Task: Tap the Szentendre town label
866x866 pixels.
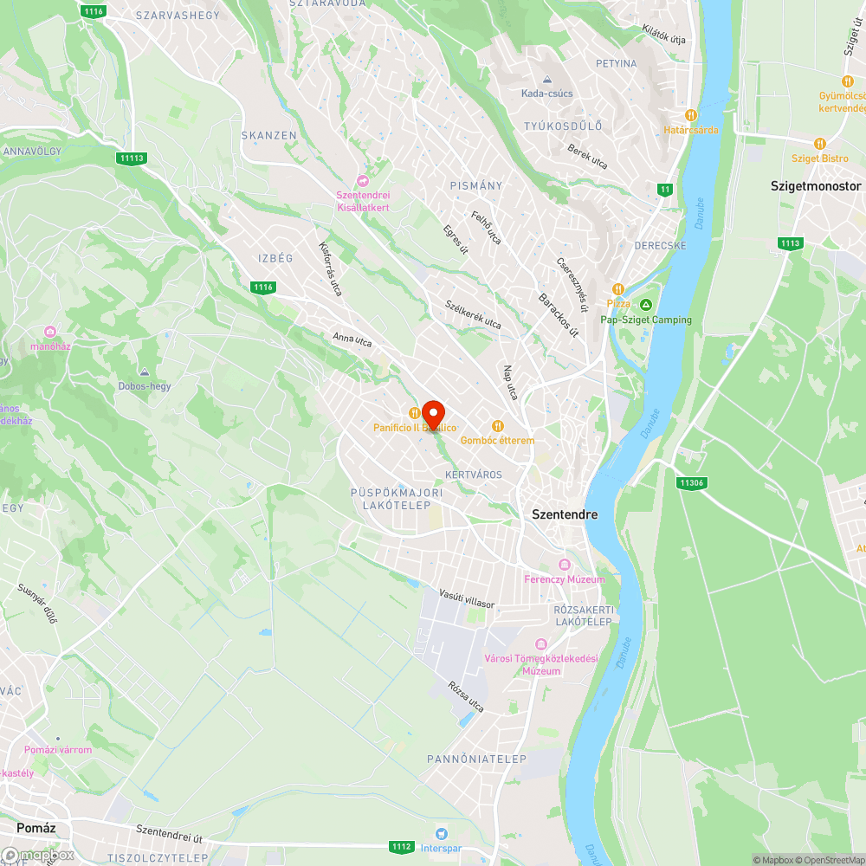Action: [x=565, y=514]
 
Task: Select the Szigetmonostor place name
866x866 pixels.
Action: [x=816, y=186]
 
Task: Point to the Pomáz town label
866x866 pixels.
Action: [x=36, y=828]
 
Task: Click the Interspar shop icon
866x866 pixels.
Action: [x=442, y=833]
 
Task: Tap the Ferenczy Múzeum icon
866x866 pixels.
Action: [x=565, y=564]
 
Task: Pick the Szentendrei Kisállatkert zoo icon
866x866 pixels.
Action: [x=362, y=180]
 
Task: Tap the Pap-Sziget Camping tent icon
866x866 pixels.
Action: [x=645, y=305]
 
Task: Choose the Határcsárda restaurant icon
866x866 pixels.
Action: [x=690, y=114]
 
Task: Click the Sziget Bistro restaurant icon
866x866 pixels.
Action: [x=819, y=144]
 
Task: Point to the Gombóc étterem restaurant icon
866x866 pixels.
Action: [x=497, y=425]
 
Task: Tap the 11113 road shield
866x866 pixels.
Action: [x=132, y=158]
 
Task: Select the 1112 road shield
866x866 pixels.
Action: [x=401, y=846]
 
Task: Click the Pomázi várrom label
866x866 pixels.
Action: [x=58, y=749]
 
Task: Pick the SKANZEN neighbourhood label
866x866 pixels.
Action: [x=269, y=136]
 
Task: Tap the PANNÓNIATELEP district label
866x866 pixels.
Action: [x=476, y=759]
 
